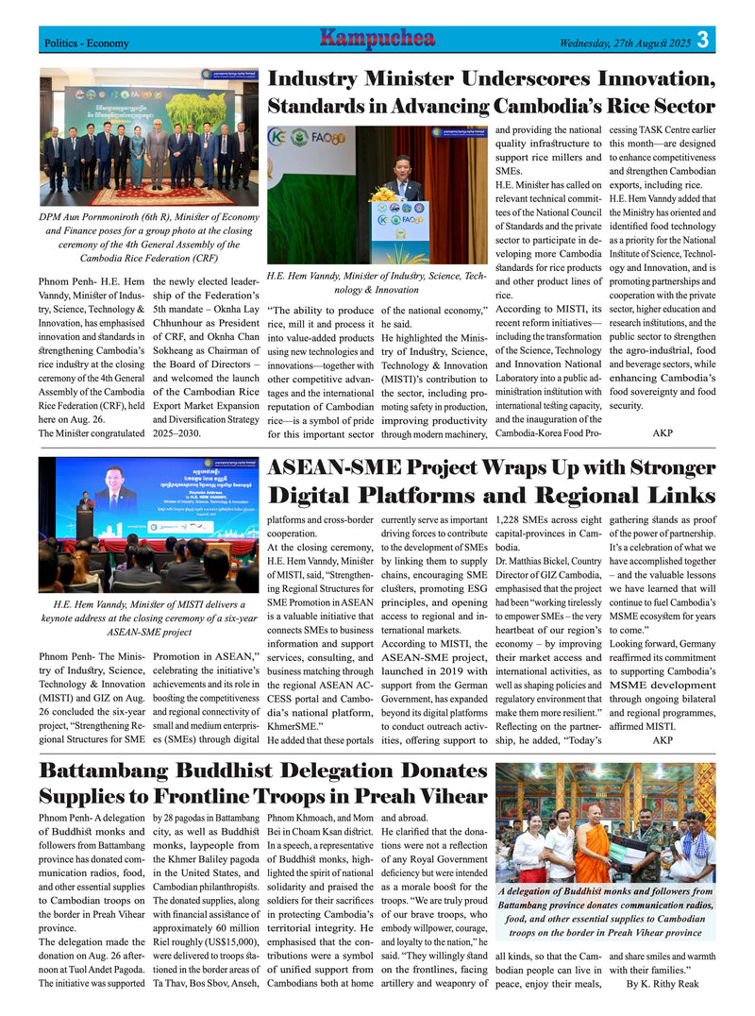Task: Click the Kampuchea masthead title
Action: [x=377, y=39]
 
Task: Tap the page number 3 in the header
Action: [x=703, y=41]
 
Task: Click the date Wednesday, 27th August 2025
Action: [x=625, y=42]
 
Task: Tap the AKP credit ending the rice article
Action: [x=663, y=432]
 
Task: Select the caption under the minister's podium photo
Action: [x=377, y=282]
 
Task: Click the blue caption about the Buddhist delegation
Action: [x=605, y=911]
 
